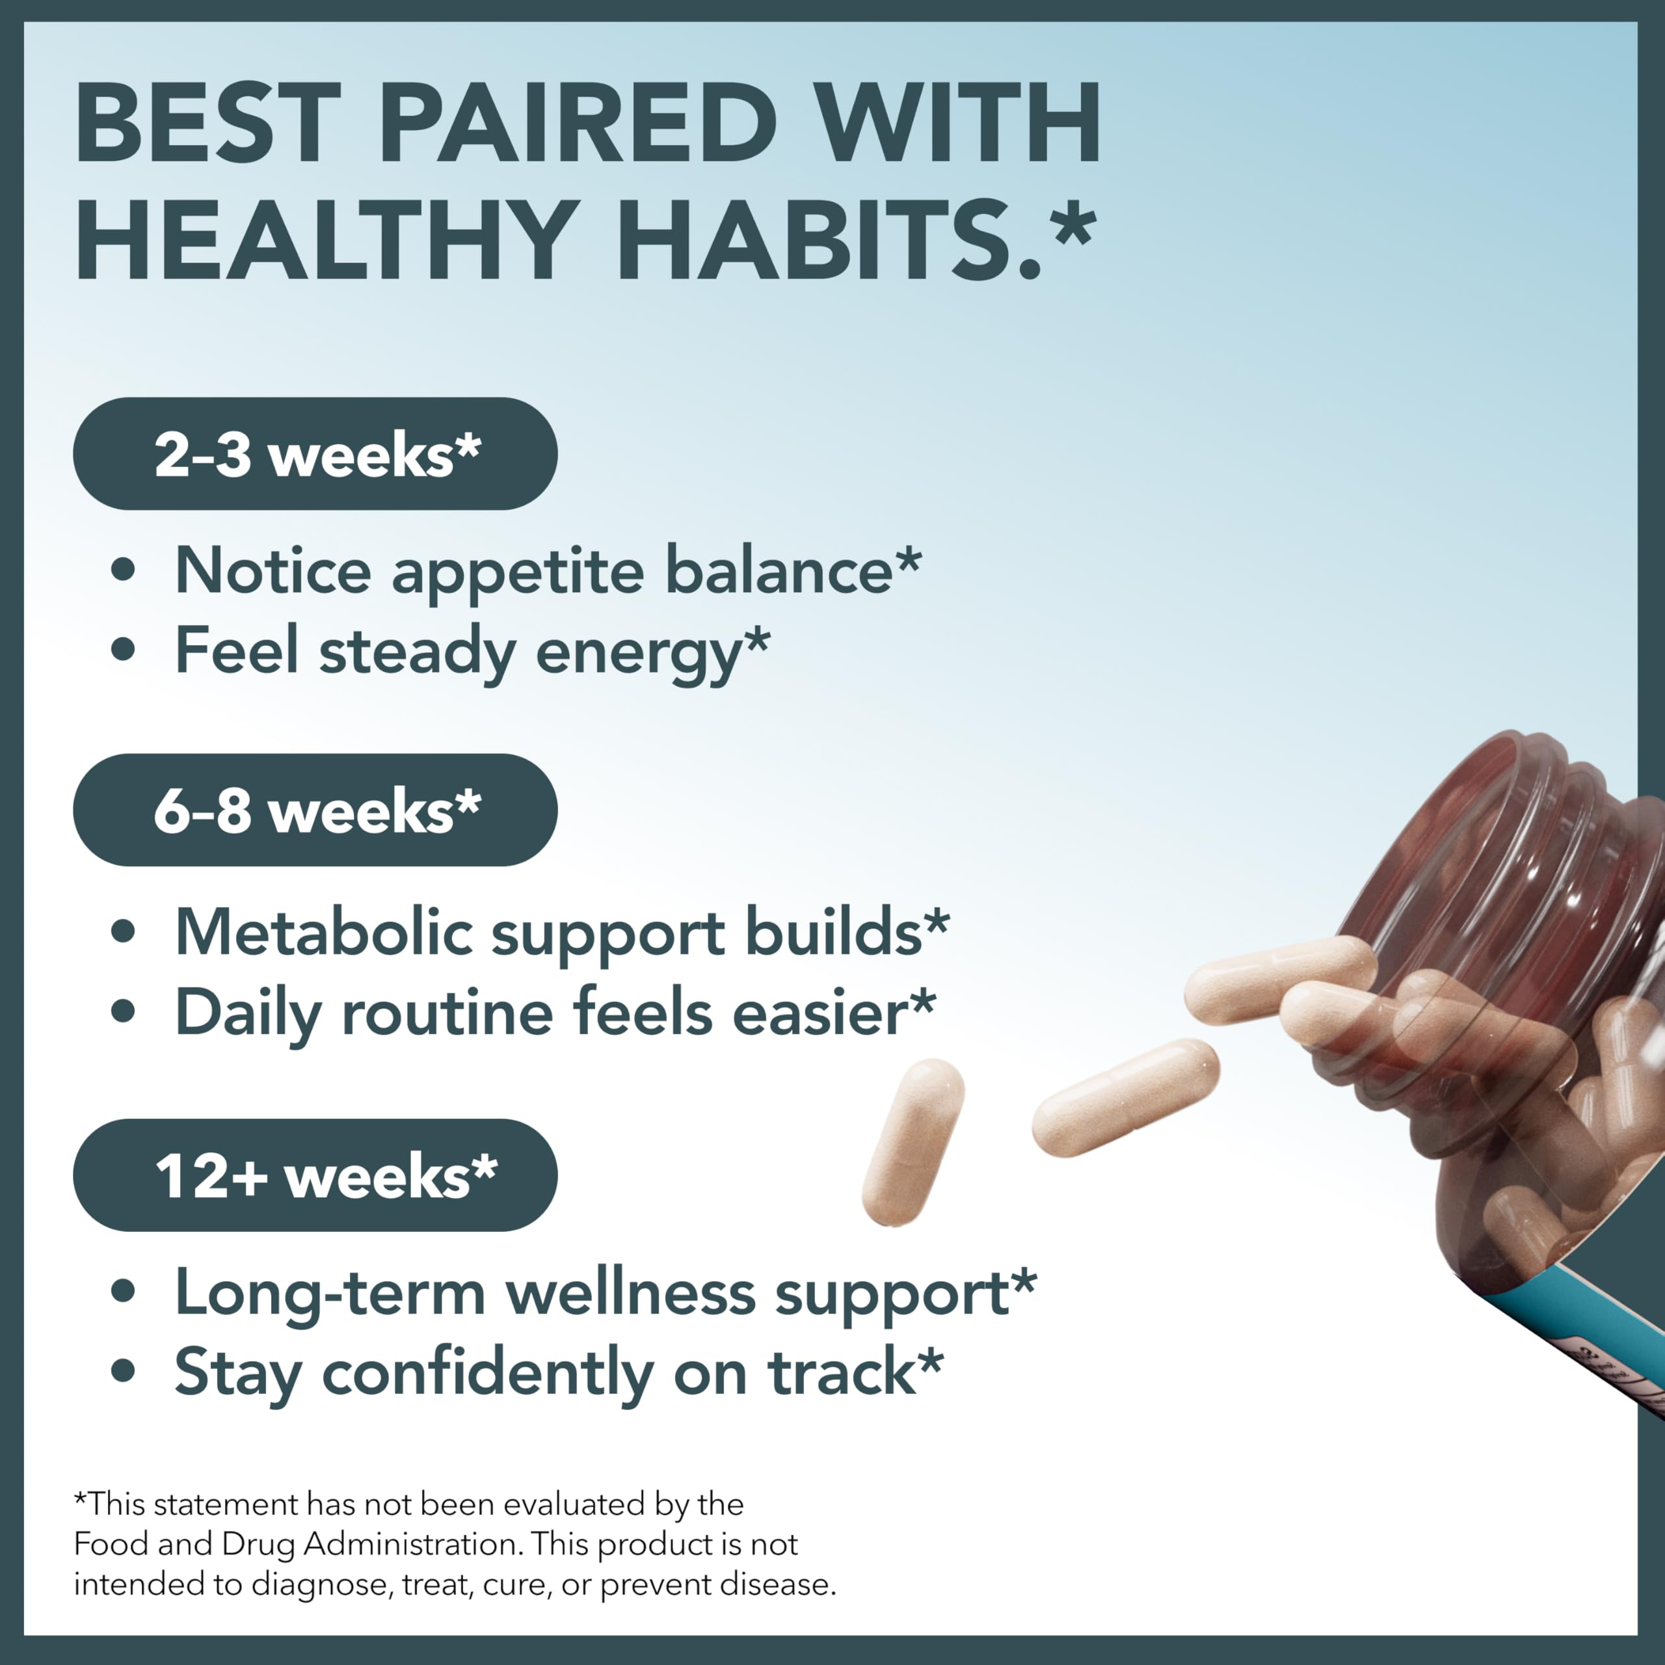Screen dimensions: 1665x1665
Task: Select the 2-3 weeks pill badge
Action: [315, 453]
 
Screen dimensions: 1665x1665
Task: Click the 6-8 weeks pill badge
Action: [315, 810]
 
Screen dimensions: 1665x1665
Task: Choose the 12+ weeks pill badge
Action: [315, 1175]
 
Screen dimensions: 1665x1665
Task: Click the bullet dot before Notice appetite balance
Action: [123, 570]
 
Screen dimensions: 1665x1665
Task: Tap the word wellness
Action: [630, 1293]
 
